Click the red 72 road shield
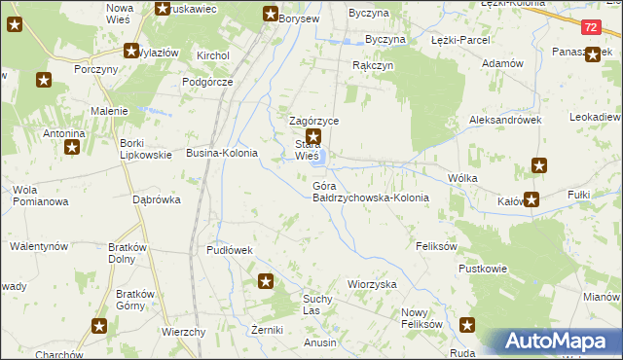[x=593, y=31]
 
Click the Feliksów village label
[x=436, y=247]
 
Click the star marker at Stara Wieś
[x=312, y=138]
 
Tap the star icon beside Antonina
[x=71, y=148]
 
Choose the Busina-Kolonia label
[x=222, y=154]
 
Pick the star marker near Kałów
[x=531, y=200]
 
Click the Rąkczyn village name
[x=372, y=65]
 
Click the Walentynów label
[x=38, y=247]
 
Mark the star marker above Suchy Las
[x=265, y=282]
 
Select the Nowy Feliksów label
[x=421, y=318]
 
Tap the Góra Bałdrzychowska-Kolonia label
[x=371, y=191]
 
